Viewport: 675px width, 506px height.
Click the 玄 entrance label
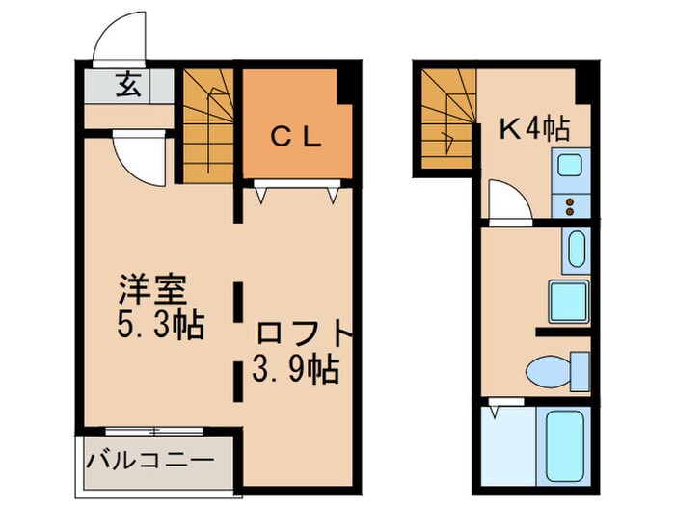point(128,86)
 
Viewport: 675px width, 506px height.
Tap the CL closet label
point(295,137)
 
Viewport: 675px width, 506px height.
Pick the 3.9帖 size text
point(295,368)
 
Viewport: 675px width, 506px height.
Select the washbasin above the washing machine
point(573,251)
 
